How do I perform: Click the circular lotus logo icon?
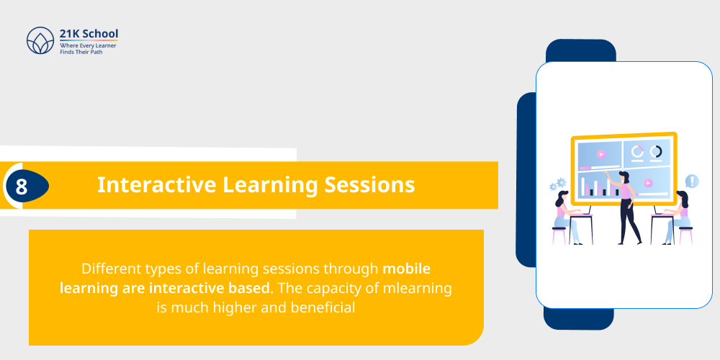tap(40, 41)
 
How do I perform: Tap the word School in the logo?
tap(101, 33)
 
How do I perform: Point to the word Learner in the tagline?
tap(104, 45)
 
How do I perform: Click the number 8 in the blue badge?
tap(22, 186)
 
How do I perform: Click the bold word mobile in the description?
tap(406, 269)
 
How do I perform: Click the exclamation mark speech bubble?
tap(691, 181)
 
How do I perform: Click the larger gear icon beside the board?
tap(562, 183)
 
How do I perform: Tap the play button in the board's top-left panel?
tap(600, 153)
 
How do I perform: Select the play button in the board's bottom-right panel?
tap(648, 183)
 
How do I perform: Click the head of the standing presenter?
tap(624, 177)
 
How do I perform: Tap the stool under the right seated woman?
tap(685, 235)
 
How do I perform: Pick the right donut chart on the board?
tap(656, 151)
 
